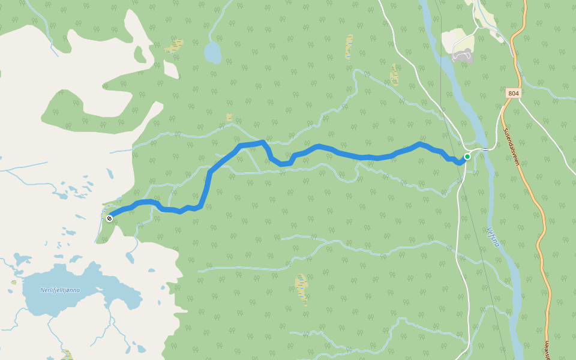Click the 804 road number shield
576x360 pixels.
513,93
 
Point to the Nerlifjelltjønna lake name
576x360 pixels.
60,290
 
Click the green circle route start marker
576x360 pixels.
467,157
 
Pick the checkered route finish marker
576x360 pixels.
109,218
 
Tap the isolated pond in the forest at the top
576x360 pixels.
212,53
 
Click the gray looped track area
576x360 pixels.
462,56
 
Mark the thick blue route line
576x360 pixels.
336,152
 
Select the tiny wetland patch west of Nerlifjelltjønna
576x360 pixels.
13,282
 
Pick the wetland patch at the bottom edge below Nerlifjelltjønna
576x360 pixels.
67,355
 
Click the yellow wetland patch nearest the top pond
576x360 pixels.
174,46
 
